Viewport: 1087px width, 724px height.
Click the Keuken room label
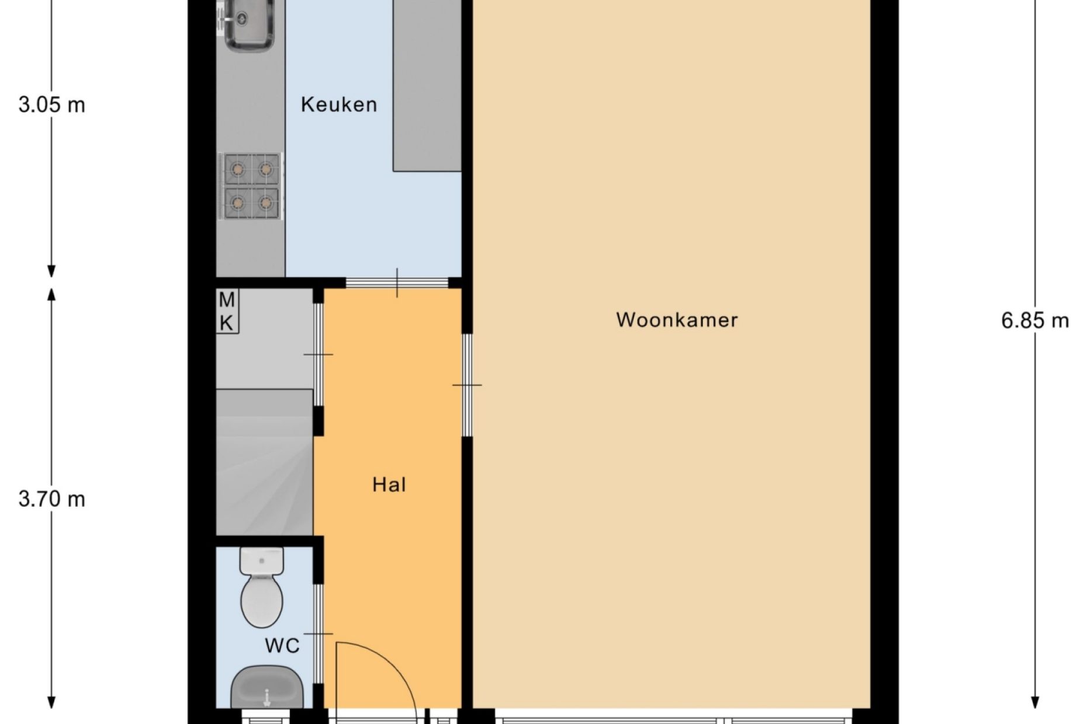tap(338, 105)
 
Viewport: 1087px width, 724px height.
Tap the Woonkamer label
tap(677, 320)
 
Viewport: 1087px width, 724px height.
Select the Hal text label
tap(389, 485)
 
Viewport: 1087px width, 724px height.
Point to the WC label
tap(282, 646)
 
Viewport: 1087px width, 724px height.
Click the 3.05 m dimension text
tap(52, 105)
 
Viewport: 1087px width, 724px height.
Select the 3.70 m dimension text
tap(52, 499)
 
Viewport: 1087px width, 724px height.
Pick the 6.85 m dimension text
tap(1035, 321)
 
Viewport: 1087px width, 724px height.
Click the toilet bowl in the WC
tap(262, 601)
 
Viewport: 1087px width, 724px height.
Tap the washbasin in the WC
tap(267, 687)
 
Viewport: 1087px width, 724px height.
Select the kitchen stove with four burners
tap(251, 186)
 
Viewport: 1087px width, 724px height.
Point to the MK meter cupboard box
tap(227, 311)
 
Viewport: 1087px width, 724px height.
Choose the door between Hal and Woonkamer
tap(467, 385)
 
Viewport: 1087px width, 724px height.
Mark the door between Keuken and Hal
tap(397, 283)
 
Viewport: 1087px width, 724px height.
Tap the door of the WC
tap(318, 634)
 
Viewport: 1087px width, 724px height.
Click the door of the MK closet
tap(318, 354)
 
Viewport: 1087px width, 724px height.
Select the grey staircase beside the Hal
tap(265, 462)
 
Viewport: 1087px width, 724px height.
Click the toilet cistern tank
tap(262, 561)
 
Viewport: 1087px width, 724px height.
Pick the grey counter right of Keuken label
tap(427, 86)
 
